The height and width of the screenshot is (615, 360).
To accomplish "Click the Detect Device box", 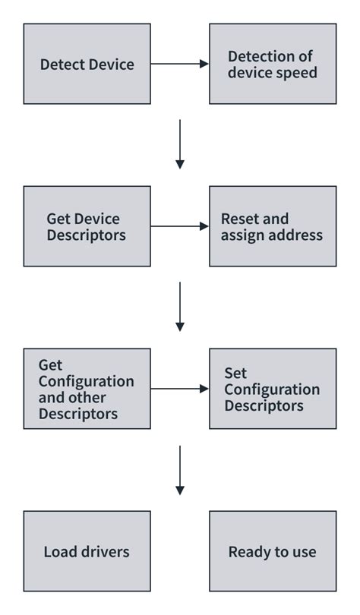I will pos(87,64).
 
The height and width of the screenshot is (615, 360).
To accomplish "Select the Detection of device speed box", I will pos(272,64).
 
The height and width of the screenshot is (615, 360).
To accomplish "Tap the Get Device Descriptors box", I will pos(87,226).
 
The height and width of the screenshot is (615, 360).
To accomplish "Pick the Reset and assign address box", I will pos(272,226).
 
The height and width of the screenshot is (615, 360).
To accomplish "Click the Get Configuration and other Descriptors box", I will pos(87,389).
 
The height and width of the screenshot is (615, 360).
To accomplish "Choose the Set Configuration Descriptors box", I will pos(272,389).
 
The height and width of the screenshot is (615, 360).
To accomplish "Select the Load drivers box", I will pos(87,551).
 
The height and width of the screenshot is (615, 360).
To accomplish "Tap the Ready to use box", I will pos(272,551).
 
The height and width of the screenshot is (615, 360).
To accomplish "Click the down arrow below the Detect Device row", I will pos(180,144).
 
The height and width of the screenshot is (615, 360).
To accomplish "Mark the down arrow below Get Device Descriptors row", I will pos(180,307).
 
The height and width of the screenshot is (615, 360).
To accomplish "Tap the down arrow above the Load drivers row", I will pos(180,469).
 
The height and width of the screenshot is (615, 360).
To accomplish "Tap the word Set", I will pos(235,373).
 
